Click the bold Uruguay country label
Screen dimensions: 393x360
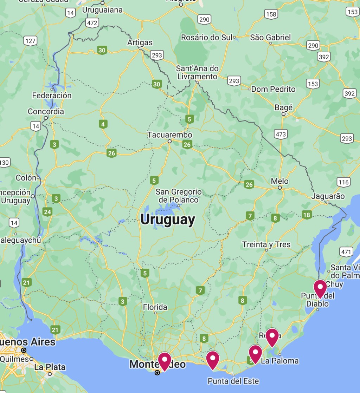167,220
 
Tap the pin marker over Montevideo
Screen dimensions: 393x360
165,361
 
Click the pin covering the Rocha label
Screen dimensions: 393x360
272,336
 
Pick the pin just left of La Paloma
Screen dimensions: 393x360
255,353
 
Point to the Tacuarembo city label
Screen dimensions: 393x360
170,135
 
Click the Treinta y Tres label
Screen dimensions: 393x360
266,244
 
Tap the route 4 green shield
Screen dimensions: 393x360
103,124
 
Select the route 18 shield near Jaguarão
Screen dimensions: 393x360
307,215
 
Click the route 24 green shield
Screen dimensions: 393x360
47,212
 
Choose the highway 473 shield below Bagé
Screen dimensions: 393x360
281,134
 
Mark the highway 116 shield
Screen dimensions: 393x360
343,182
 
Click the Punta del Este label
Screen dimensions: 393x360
233,381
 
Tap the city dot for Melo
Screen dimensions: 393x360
280,188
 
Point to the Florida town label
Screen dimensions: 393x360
155,307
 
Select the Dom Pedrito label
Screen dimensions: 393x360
273,89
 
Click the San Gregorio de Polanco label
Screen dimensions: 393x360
179,196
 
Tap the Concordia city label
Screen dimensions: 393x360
46,112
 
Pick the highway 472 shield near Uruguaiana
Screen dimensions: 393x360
92,23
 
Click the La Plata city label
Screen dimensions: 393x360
50,367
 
